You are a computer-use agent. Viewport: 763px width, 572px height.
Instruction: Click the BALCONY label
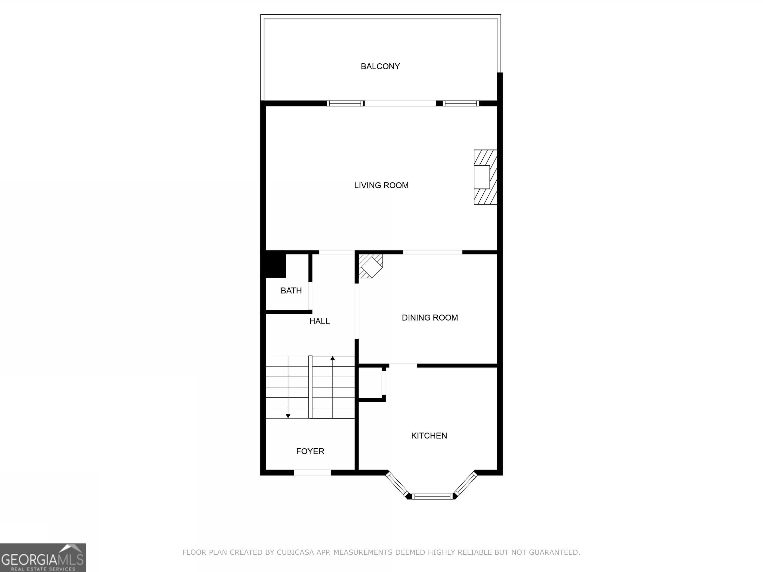[x=380, y=66]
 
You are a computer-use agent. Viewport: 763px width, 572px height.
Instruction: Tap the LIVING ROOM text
[x=381, y=185]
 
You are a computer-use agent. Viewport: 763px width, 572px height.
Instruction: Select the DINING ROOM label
[x=430, y=318]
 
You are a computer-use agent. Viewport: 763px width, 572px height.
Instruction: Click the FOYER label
[x=310, y=451]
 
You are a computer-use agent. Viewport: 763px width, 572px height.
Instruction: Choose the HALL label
[x=319, y=321]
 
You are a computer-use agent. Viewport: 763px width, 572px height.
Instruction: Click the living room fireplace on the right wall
[x=485, y=177]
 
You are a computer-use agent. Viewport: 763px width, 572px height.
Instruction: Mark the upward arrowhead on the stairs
[x=333, y=358]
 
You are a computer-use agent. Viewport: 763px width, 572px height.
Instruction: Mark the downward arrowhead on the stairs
[x=288, y=416]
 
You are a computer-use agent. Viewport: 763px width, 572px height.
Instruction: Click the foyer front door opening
[x=312, y=473]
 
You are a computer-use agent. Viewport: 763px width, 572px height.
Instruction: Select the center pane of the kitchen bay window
[x=432, y=497]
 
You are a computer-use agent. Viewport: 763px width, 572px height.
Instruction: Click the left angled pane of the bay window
[x=397, y=485]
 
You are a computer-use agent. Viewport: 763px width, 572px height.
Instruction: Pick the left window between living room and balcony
[x=345, y=103]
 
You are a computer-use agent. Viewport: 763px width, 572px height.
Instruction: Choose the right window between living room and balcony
[x=460, y=103]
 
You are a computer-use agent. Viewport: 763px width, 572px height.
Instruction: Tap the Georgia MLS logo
[x=42, y=558]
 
